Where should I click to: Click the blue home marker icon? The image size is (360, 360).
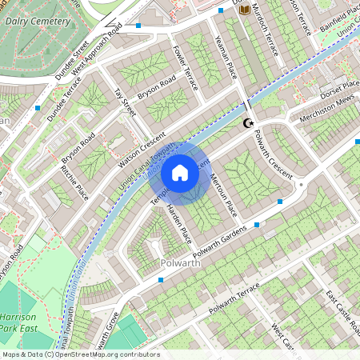point(180,172)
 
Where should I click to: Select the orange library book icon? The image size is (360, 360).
point(245,10)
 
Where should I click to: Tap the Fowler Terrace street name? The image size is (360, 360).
point(184,66)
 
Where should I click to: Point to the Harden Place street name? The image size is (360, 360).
point(178,224)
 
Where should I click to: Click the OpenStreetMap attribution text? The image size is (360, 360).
point(80,354)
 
